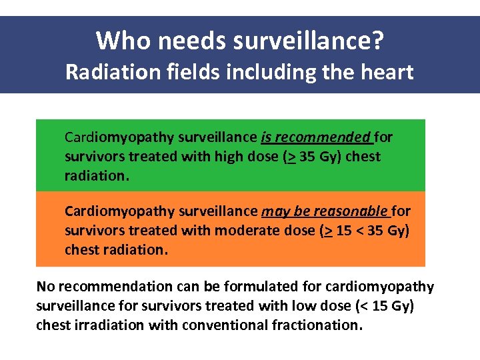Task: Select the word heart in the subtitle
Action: [387, 71]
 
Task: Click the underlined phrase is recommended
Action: [316, 137]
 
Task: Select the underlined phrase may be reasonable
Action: [325, 211]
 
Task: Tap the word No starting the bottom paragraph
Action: [45, 287]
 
